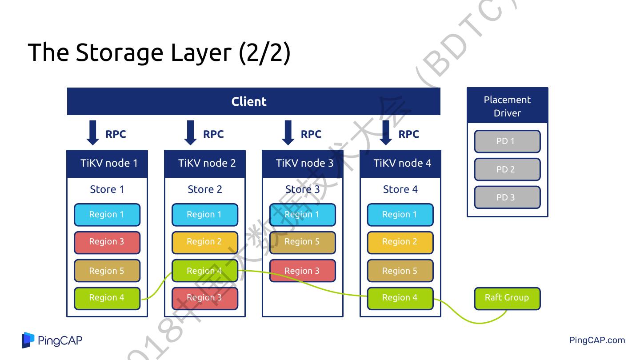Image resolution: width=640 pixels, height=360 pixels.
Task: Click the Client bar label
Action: pos(249,101)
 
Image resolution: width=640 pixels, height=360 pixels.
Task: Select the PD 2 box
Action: pos(507,169)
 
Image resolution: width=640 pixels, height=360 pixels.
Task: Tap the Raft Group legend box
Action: pos(507,298)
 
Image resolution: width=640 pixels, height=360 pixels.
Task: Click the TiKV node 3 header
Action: pos(303,163)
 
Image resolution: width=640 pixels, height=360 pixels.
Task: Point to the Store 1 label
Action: pos(107,189)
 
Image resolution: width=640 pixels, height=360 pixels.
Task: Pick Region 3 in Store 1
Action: pos(107,242)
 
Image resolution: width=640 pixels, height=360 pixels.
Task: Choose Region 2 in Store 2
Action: pos(205,242)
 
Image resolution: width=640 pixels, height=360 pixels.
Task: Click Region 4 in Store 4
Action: pos(400,298)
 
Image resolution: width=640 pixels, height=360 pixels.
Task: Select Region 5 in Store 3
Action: pos(303,242)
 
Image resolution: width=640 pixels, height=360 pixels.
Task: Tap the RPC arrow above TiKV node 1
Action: pos(93,133)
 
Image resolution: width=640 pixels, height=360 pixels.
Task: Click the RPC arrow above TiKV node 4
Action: pos(386,133)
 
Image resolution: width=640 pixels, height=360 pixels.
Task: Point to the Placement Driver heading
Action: pos(507,106)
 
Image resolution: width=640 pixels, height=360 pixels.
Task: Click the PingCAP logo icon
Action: pos(28,340)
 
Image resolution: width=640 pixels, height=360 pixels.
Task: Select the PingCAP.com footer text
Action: pos(597,340)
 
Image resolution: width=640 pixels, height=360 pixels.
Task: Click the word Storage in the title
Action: pos(120,52)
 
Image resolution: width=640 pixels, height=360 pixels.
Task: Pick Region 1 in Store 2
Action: pos(205,215)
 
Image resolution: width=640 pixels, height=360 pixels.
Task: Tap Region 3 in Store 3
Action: pos(303,271)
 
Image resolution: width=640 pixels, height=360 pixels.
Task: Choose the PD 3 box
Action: pos(507,197)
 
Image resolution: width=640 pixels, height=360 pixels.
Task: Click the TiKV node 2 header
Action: pos(205,163)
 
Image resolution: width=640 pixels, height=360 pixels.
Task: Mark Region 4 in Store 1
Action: pos(107,298)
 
